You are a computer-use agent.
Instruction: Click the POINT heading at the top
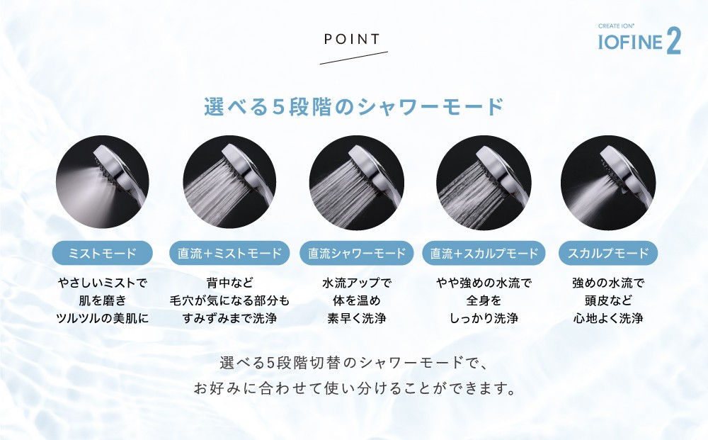(x=352, y=39)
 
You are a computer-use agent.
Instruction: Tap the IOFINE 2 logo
(x=639, y=39)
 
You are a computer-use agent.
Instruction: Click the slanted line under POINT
(x=353, y=58)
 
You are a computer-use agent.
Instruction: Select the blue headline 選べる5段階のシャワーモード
(x=354, y=107)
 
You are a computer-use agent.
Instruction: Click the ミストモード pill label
(x=103, y=253)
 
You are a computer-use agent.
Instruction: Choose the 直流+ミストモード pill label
(x=229, y=253)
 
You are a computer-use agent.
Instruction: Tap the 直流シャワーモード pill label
(x=357, y=253)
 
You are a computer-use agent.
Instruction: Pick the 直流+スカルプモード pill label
(x=484, y=253)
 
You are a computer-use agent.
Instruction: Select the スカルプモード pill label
(x=608, y=253)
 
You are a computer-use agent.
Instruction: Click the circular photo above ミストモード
(x=103, y=182)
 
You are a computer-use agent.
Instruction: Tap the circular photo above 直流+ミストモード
(x=229, y=182)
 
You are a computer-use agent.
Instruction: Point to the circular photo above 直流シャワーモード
(x=357, y=182)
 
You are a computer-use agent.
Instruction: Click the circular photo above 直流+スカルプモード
(x=484, y=182)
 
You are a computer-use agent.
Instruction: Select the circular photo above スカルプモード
(x=608, y=182)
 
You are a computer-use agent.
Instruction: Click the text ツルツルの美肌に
(x=103, y=318)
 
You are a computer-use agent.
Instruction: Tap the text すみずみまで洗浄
(x=229, y=318)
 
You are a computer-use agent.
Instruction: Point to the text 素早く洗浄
(x=357, y=318)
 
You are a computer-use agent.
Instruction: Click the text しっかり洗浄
(x=484, y=318)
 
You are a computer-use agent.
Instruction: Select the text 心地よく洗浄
(x=608, y=318)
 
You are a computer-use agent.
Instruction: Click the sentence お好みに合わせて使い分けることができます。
(x=355, y=388)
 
